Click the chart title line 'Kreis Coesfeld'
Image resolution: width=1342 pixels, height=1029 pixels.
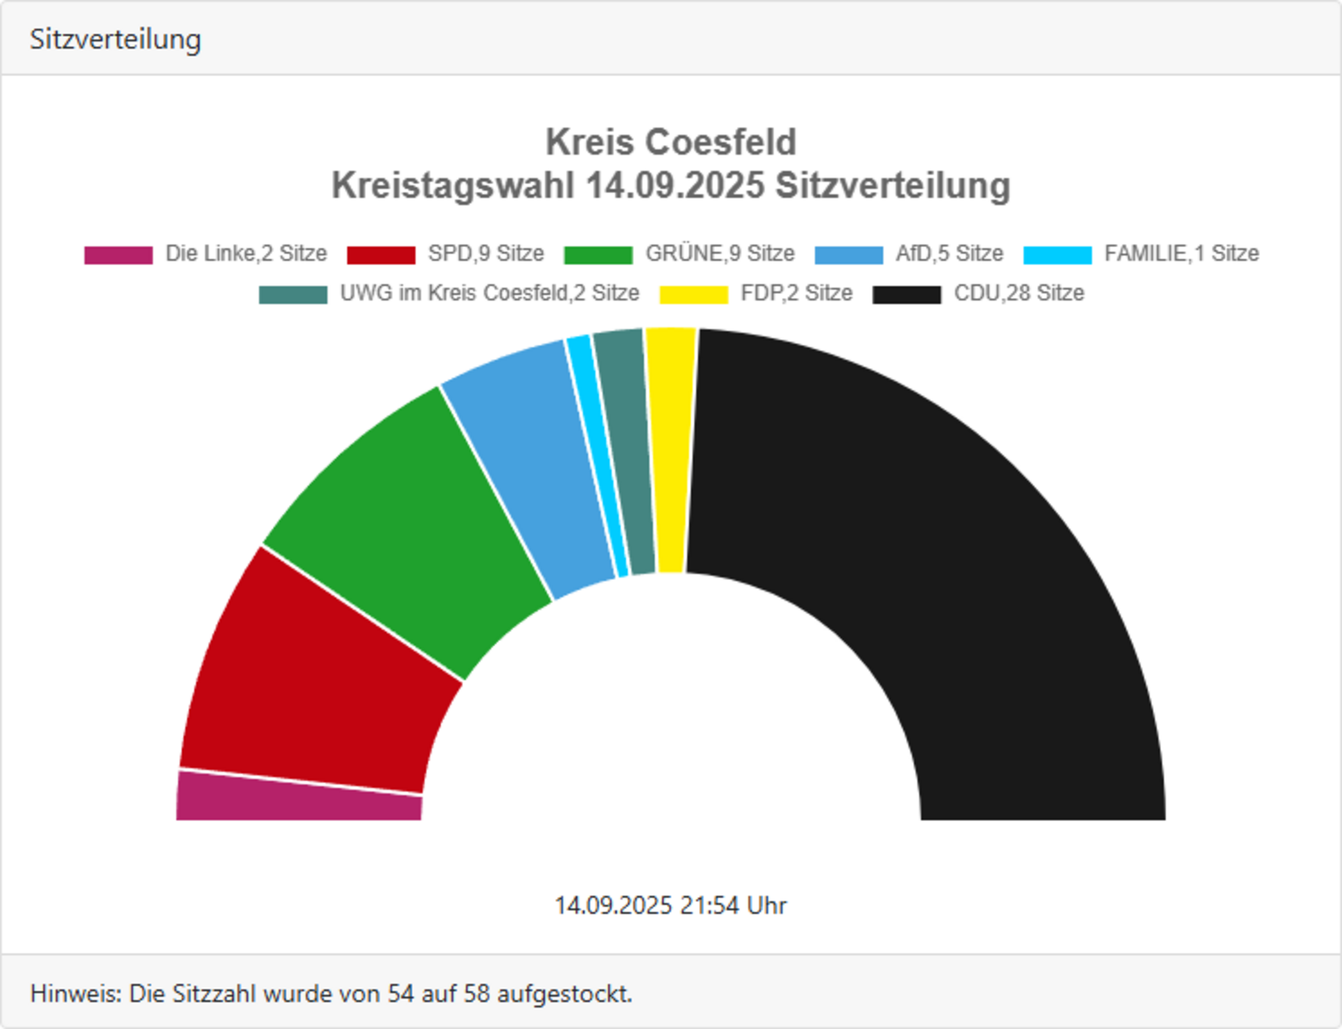[671, 142]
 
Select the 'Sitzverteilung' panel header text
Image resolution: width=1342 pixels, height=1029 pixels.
[115, 39]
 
